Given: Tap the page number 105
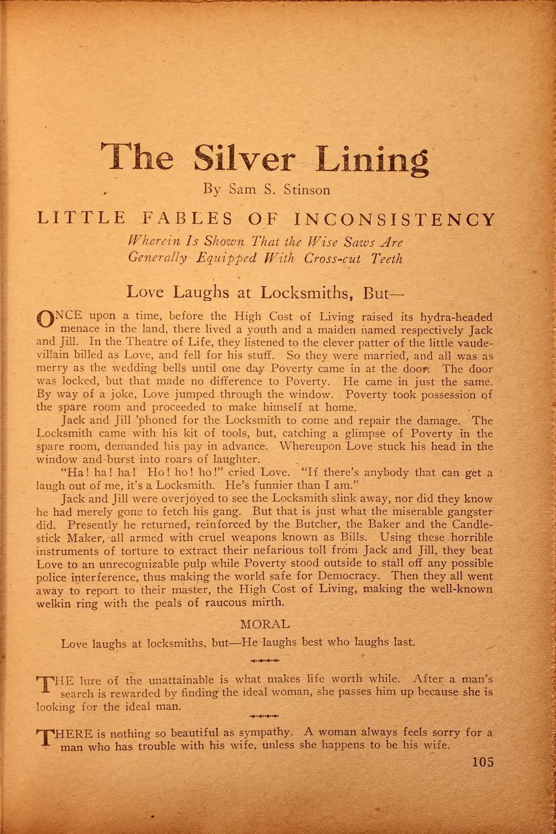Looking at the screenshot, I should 480,762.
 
